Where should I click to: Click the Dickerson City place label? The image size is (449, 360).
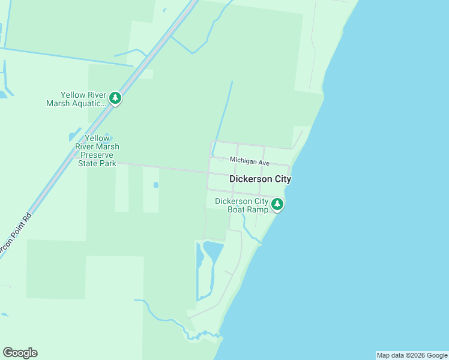click(260, 179)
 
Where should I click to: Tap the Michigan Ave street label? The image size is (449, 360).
click(250, 162)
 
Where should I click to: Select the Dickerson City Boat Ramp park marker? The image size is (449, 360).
click(277, 205)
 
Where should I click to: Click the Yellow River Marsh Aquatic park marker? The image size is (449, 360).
click(115, 98)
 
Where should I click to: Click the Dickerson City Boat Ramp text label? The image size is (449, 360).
click(241, 205)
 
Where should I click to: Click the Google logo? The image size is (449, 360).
click(20, 353)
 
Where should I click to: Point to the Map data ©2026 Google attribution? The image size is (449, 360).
click(411, 355)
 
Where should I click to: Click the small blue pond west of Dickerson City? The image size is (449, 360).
click(155, 185)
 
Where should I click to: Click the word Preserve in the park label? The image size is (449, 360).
click(97, 155)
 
